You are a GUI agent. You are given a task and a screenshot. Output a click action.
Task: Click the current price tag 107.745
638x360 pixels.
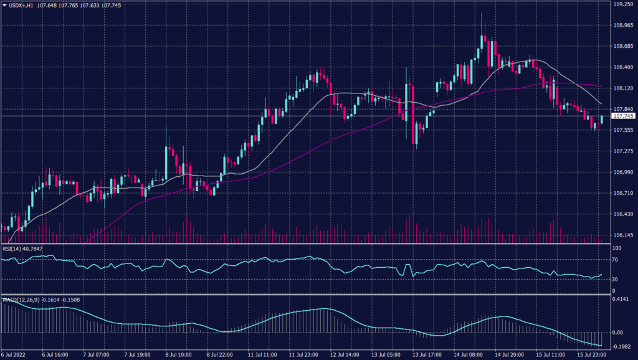coord(623,116)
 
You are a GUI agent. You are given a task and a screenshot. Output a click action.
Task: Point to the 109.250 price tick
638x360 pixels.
coord(623,4)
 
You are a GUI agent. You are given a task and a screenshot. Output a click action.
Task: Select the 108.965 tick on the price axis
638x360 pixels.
coord(623,26)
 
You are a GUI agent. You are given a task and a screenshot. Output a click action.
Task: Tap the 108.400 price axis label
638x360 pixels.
coord(623,67)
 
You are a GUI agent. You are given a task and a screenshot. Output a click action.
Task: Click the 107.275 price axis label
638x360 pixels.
coord(623,151)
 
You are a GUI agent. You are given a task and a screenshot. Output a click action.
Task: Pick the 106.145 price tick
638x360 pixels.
coord(623,235)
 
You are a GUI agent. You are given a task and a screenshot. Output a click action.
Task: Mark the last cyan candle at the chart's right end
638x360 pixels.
coord(602,119)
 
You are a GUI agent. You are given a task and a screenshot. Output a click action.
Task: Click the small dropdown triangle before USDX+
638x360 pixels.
coord(4,5)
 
